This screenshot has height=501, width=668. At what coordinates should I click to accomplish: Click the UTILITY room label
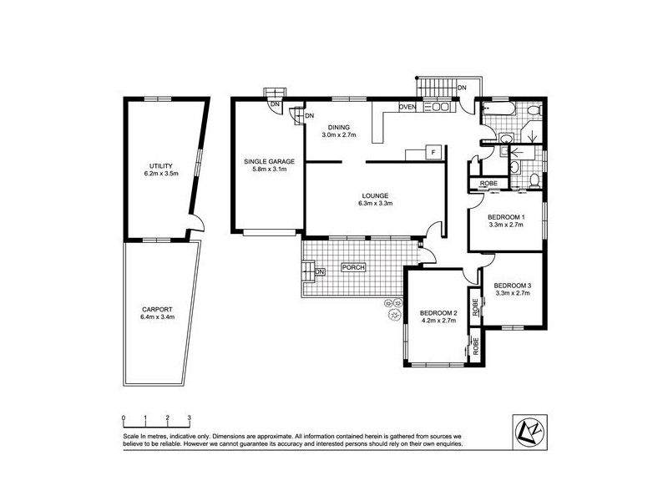click(160, 165)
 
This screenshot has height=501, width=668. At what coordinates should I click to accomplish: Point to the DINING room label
click(340, 127)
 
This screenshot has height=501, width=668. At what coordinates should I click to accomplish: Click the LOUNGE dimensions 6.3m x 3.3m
click(375, 203)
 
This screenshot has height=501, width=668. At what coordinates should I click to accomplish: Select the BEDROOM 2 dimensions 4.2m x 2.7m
click(438, 321)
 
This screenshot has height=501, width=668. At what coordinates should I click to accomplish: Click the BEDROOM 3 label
click(513, 286)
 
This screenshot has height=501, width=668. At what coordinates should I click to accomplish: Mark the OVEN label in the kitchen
click(407, 107)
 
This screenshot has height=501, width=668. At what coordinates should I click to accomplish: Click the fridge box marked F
click(433, 152)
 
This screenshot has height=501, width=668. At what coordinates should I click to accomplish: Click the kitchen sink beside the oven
click(437, 106)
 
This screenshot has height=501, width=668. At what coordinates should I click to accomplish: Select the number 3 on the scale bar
click(190, 417)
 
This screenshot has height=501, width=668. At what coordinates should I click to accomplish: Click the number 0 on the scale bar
click(123, 417)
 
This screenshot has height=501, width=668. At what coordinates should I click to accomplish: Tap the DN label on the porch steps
click(319, 271)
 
